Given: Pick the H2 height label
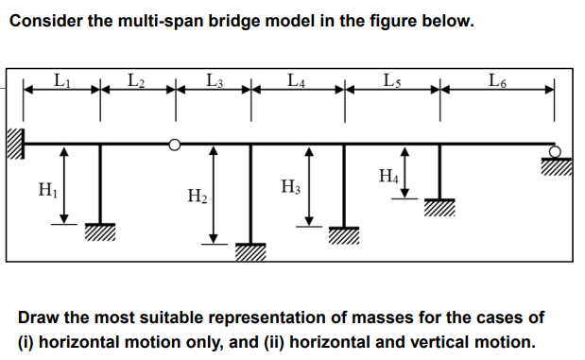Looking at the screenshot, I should (x=198, y=196).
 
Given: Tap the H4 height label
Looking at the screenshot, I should (x=387, y=174).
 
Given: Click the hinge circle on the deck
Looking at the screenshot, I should (x=174, y=145).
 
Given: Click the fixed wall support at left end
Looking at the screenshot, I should (x=14, y=144).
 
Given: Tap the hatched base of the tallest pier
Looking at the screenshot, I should (x=250, y=251).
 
